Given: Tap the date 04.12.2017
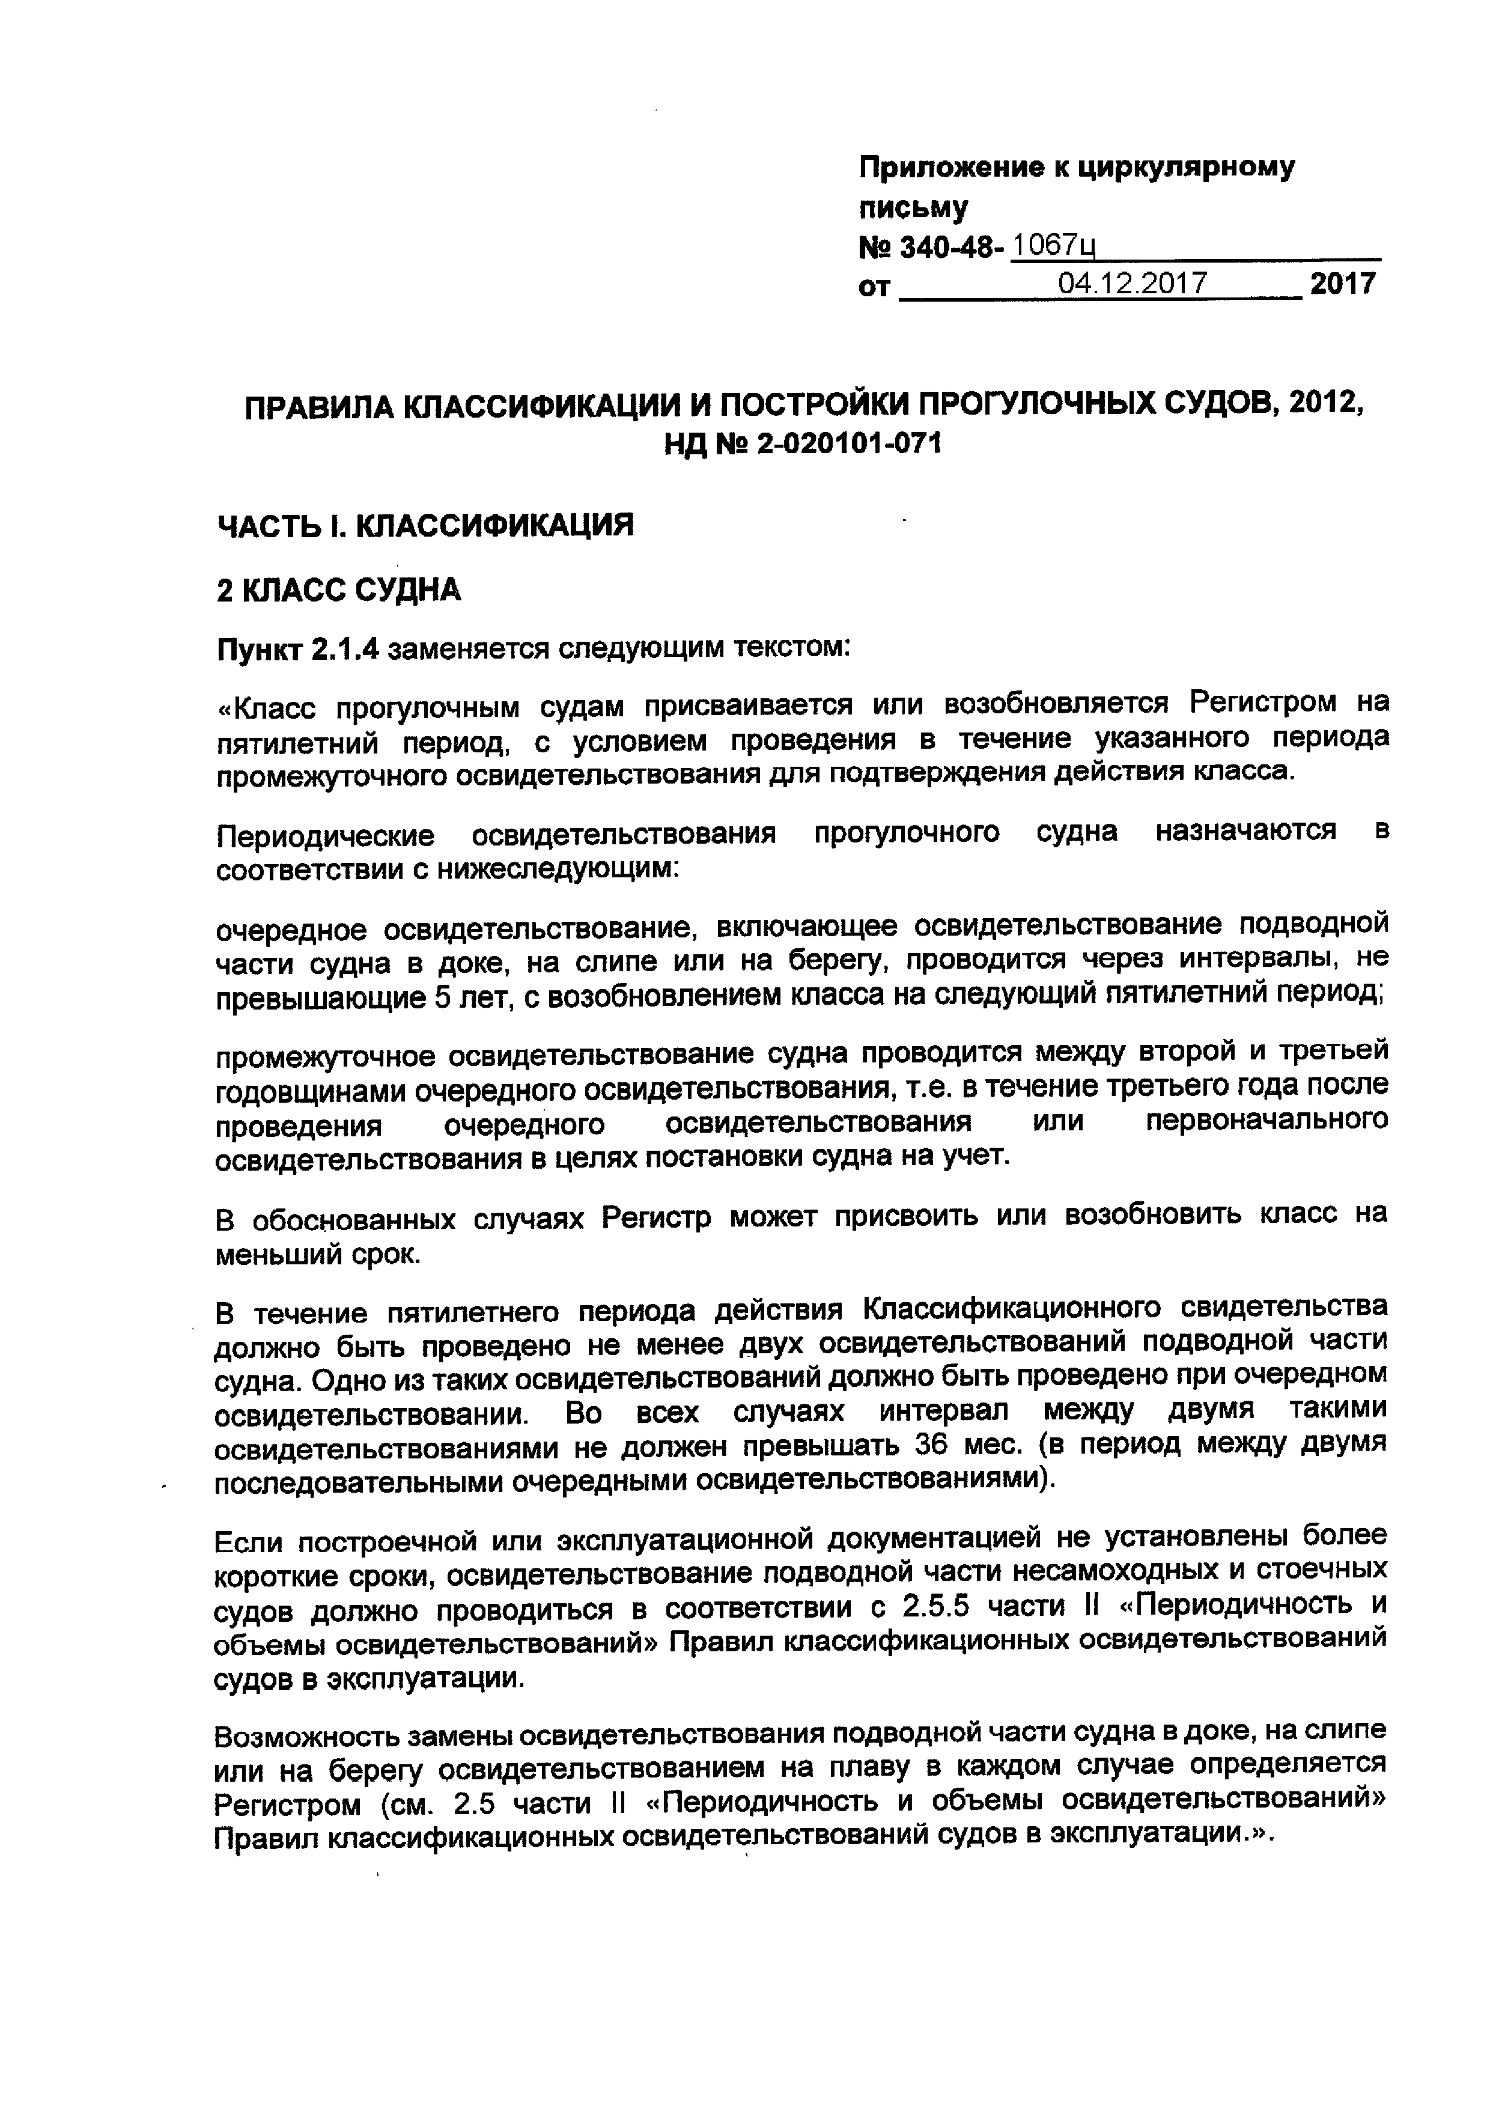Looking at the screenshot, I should click(1132, 283).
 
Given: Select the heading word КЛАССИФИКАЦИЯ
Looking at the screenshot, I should click(494, 525).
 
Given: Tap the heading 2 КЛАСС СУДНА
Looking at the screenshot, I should click(339, 590).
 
